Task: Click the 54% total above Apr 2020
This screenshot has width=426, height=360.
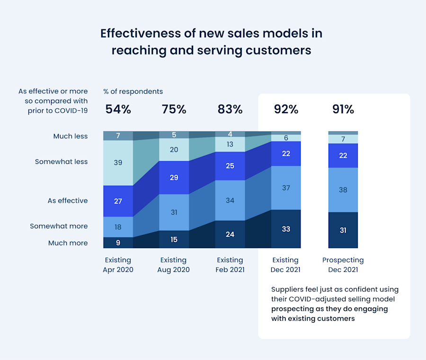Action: click(x=118, y=109)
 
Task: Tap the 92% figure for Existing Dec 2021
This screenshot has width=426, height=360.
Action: click(x=286, y=109)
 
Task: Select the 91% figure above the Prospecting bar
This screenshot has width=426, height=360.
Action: click(x=343, y=109)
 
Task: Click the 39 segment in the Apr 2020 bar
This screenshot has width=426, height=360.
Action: click(x=118, y=162)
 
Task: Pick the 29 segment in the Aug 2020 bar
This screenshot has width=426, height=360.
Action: click(x=174, y=177)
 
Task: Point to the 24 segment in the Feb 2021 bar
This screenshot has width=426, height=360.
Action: click(x=230, y=234)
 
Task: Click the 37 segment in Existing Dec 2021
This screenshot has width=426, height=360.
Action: click(x=286, y=188)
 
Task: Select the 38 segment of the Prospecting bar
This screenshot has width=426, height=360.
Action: click(x=343, y=189)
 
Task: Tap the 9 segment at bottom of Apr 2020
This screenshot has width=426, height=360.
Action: click(x=118, y=243)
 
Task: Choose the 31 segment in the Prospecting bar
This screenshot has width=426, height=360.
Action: click(x=343, y=230)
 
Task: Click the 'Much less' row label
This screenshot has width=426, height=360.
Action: click(x=70, y=136)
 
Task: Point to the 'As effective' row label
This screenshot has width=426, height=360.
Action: click(x=67, y=201)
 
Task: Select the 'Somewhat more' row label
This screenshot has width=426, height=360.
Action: click(x=59, y=226)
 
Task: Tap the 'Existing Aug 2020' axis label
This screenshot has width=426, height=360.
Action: click(x=173, y=265)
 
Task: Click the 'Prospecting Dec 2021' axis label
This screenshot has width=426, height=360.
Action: click(x=343, y=265)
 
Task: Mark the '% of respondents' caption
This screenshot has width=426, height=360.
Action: click(x=133, y=91)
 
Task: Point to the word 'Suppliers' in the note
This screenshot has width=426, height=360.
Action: click(x=287, y=289)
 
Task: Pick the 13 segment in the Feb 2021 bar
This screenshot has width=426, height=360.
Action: click(x=230, y=144)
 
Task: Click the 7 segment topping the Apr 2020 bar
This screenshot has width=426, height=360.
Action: click(x=118, y=136)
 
